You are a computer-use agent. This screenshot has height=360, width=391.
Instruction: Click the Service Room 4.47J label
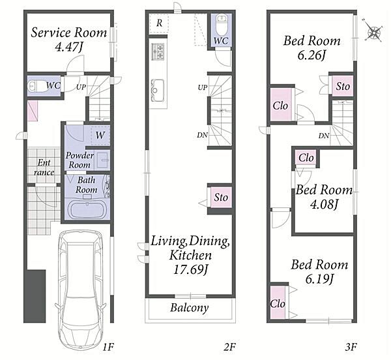68,39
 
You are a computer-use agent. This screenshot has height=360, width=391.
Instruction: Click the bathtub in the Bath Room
87,210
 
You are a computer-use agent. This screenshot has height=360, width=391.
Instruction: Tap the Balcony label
190,308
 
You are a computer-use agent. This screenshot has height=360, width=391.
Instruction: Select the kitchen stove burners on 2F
158,52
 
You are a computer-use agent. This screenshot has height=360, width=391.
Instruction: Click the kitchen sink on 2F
157,90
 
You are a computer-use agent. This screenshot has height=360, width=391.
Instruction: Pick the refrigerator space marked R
159,24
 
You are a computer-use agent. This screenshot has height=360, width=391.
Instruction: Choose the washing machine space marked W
100,135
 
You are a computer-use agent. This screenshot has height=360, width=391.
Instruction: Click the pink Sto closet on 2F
221,197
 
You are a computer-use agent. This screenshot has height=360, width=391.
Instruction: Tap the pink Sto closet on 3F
343,86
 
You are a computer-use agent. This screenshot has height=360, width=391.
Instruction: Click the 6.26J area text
311,56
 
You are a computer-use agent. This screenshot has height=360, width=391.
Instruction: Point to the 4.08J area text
324,205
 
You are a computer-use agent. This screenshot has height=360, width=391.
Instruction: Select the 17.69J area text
190,270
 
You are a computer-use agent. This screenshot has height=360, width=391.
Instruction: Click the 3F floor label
351,347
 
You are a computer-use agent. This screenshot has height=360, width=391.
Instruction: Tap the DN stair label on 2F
202,135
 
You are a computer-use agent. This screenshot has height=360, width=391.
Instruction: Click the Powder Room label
80,160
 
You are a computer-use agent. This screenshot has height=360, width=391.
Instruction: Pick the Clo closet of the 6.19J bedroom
278,303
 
